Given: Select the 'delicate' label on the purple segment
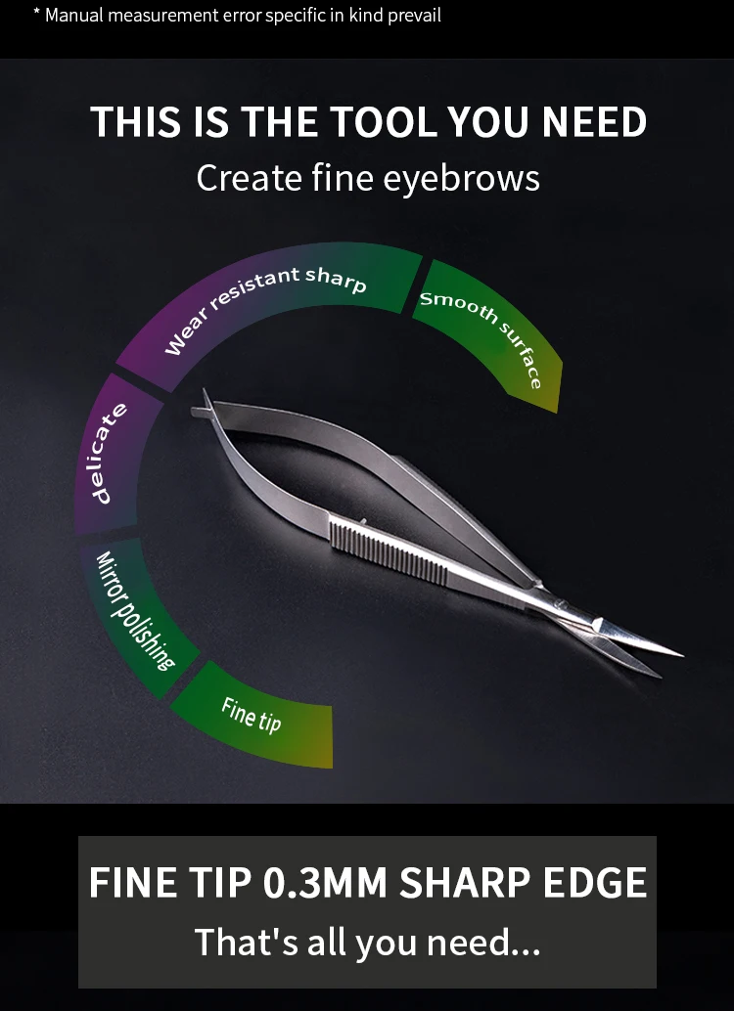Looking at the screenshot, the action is pos(111,452).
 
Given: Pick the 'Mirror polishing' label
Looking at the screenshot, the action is pos(134,612).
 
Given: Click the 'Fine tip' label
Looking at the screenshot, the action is pos(252,714).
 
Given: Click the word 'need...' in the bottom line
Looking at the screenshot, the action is pos(486,942).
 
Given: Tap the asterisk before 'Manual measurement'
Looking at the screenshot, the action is pos(36,13).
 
